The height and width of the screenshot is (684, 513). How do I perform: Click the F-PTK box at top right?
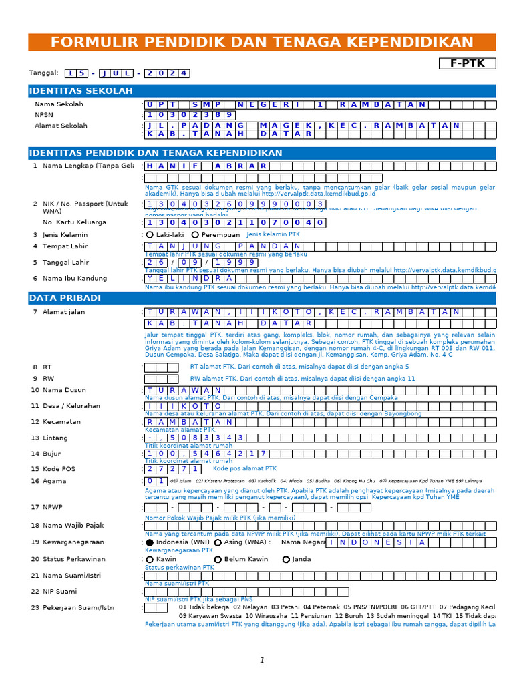pos(467,63)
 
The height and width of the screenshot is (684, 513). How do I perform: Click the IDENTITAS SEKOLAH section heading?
pos(81,91)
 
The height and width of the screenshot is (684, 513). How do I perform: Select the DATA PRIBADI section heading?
pos(65,297)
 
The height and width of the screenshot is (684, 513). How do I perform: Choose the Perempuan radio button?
pos(195,235)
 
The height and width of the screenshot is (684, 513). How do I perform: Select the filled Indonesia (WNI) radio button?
pos(150,543)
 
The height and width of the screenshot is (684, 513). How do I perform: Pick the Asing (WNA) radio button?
pos(218,543)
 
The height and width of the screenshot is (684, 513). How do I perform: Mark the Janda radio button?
pos(286,560)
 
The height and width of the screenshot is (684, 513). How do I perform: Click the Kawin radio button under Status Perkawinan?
pos(150,560)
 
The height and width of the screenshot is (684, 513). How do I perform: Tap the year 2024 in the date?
pos(168,73)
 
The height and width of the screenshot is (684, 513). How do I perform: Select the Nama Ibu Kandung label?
pos(74,279)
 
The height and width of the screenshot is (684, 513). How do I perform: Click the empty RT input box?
pos(156,367)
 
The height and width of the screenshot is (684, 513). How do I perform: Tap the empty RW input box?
pos(156,379)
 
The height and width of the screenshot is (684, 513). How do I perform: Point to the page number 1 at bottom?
pos(262,661)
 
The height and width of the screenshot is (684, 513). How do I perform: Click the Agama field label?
pos(55,481)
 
